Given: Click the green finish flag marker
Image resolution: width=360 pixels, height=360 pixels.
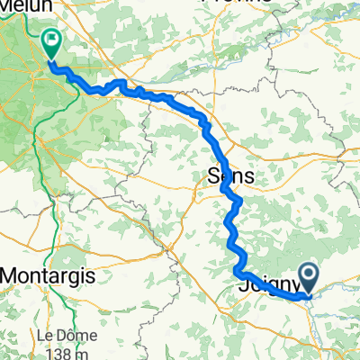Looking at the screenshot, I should pyautogui.click(x=50, y=40).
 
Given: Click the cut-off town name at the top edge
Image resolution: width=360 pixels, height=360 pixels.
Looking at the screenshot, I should pyautogui.click(x=202, y=3).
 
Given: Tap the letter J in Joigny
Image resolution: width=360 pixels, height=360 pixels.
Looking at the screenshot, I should pyautogui.click(x=244, y=287).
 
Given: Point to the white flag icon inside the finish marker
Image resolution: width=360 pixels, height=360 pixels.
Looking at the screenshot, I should pyautogui.click(x=50, y=39).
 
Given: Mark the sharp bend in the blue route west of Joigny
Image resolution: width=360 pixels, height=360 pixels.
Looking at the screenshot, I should pyautogui.click(x=238, y=269).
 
